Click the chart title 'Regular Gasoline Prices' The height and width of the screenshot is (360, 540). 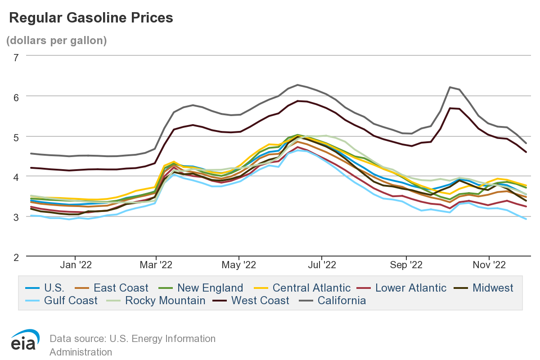[x=91, y=18]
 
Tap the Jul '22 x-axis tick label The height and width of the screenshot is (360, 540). [x=322, y=265]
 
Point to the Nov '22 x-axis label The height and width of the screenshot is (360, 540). [x=489, y=265]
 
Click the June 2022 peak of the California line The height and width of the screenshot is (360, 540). [x=297, y=85]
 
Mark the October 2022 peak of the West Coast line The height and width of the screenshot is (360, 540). [x=450, y=108]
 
